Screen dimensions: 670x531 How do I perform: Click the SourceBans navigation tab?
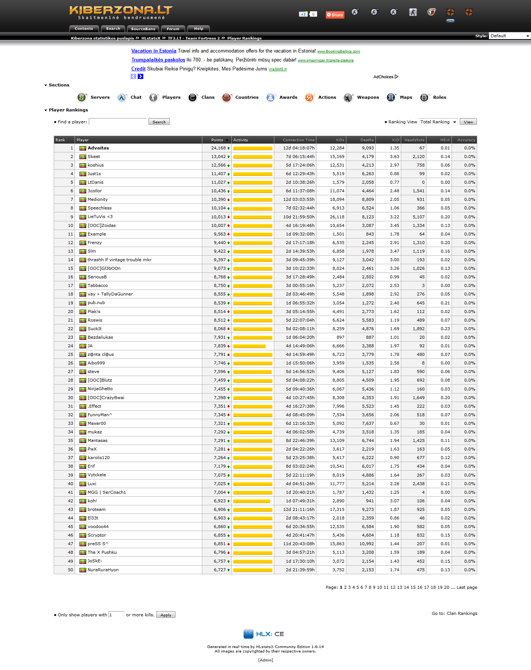(x=143, y=29)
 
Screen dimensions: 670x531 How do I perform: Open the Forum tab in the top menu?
(x=173, y=29)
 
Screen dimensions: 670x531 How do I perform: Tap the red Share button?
(x=335, y=15)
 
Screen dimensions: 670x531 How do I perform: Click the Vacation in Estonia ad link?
(x=154, y=51)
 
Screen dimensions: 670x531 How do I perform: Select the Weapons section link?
(x=368, y=97)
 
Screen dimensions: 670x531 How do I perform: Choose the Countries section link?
(x=247, y=97)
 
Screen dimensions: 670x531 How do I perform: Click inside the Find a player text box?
(x=118, y=122)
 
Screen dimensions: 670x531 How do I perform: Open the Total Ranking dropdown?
(x=438, y=122)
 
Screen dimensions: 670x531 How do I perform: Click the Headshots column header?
(x=414, y=140)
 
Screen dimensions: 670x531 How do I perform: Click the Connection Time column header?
(x=299, y=140)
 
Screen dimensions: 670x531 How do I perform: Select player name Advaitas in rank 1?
(x=98, y=148)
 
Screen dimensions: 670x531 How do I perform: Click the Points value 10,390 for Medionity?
(x=218, y=199)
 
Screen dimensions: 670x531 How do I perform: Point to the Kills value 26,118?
(x=337, y=217)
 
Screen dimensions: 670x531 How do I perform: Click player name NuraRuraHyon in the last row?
(x=103, y=570)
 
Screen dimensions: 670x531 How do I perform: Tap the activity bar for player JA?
(x=249, y=346)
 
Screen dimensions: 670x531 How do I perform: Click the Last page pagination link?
(x=467, y=587)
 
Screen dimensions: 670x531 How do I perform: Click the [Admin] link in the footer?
(x=265, y=660)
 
